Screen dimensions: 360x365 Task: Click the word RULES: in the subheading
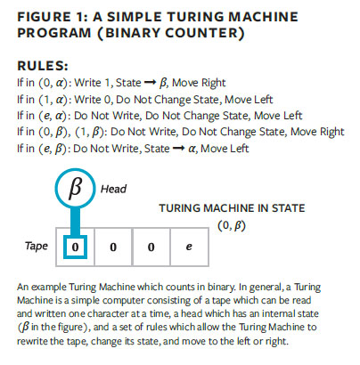coord(43,66)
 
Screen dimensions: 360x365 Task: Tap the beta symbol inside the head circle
coord(75,188)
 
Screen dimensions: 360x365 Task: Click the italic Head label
coord(113,189)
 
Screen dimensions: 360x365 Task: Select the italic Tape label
coord(37,246)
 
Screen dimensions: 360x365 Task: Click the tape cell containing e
coord(189,247)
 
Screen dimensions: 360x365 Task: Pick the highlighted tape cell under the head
coord(75,247)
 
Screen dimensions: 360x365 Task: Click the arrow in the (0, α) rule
coord(150,83)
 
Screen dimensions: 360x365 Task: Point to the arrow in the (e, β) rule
coord(178,149)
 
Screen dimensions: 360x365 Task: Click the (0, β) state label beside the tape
coord(232,226)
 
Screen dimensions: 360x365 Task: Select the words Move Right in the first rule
coord(199,83)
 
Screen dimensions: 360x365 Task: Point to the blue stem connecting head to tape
coord(75,222)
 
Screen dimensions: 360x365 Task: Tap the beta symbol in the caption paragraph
coord(26,327)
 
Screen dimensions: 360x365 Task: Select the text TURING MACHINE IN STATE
coord(232,208)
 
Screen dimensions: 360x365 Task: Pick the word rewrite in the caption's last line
coord(31,341)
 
